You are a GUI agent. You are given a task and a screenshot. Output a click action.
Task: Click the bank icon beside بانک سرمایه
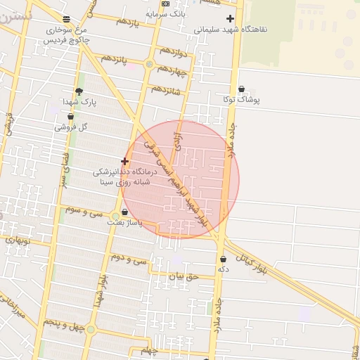166,4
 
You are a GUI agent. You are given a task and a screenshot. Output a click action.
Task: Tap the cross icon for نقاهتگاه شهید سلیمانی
230,19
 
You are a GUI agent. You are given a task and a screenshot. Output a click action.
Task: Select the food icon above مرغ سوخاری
66,19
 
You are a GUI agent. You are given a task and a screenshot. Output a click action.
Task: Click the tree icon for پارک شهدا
79,91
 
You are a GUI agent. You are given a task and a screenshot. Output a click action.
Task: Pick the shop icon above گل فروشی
70,117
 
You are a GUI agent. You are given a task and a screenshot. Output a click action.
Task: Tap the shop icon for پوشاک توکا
242,89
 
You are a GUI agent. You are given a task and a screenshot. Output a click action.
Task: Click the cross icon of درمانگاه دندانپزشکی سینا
125,161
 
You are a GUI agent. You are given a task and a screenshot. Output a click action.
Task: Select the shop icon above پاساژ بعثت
124,212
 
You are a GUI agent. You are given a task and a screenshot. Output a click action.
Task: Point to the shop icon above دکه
223,259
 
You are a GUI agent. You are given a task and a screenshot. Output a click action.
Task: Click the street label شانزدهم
165,91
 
